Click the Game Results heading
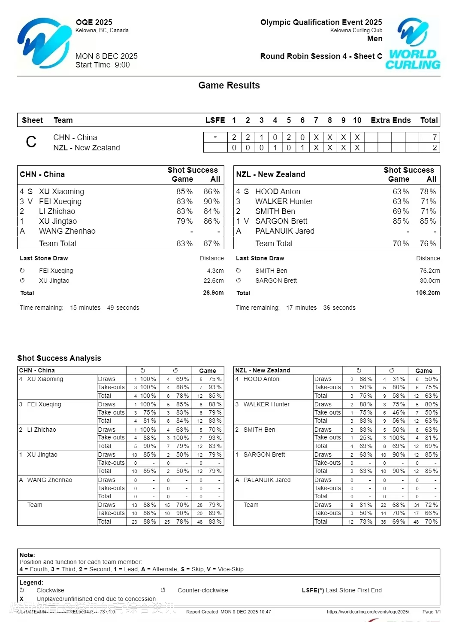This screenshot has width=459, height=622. (229, 85)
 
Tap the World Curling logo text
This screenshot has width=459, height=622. (413, 60)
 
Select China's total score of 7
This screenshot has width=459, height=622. (435, 137)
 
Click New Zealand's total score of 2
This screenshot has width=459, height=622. (435, 148)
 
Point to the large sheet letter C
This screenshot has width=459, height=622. (31, 142)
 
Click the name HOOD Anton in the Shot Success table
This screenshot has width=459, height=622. (278, 192)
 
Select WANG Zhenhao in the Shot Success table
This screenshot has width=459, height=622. (67, 231)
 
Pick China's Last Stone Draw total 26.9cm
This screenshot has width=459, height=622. (213, 293)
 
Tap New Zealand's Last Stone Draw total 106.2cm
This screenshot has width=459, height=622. (428, 293)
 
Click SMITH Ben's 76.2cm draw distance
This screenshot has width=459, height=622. (430, 271)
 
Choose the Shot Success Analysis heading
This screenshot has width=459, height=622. (59, 358)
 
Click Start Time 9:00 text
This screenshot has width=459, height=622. (103, 65)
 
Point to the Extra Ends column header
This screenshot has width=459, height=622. (390, 120)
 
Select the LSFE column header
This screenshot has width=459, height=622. (215, 120)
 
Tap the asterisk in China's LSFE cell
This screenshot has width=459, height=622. (215, 137)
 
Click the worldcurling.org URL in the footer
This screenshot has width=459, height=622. (368, 612)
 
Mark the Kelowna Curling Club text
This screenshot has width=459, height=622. (356, 30)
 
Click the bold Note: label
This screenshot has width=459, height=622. (27, 555)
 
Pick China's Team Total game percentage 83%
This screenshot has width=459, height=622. (184, 244)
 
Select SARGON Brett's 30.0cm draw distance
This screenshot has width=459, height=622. (430, 281)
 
